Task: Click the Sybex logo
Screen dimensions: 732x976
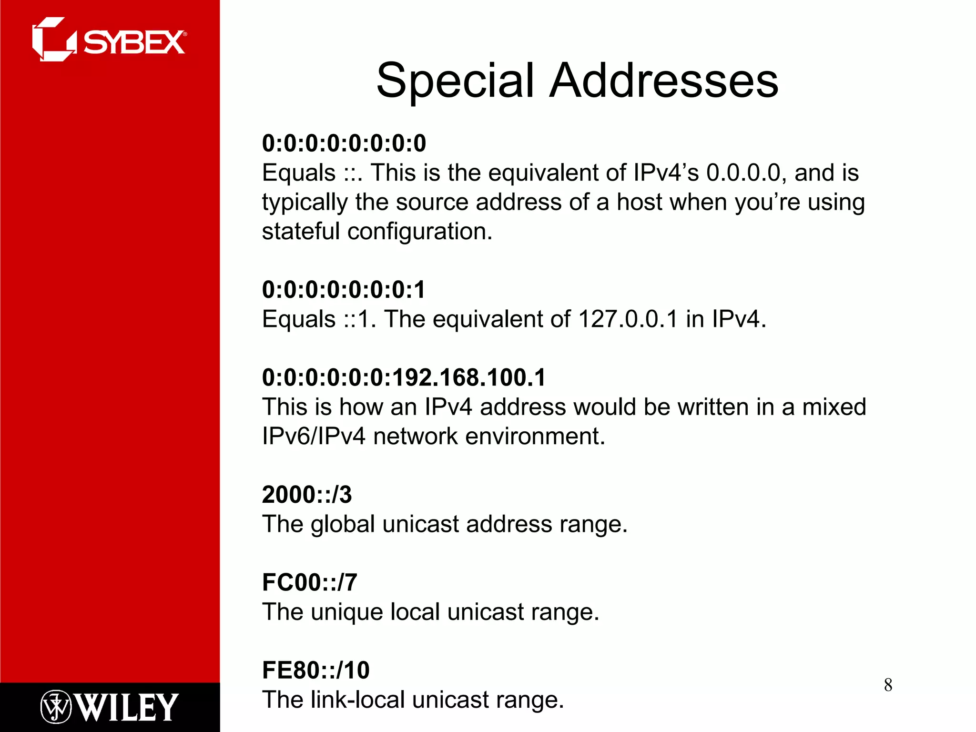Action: [x=109, y=40]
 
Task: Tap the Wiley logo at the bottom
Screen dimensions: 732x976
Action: [x=109, y=707]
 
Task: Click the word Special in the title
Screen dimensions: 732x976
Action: [x=455, y=81]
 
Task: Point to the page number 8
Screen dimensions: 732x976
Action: [x=888, y=685]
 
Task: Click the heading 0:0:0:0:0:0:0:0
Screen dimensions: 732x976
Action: [x=344, y=143]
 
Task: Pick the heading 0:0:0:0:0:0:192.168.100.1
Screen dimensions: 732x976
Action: [x=404, y=377]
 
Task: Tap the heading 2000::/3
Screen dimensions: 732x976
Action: [x=307, y=495]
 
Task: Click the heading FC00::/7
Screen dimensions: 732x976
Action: [x=309, y=582]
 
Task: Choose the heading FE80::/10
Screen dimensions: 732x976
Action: [x=315, y=671]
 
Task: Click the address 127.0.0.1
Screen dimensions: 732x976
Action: [x=628, y=319]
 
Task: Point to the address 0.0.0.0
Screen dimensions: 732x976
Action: [x=743, y=173]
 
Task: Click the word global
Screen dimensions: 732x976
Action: [x=343, y=524]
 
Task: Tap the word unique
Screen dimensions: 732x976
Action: [x=346, y=612]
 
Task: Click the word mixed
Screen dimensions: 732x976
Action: [x=834, y=407]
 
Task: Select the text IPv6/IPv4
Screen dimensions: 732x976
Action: [x=313, y=437]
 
